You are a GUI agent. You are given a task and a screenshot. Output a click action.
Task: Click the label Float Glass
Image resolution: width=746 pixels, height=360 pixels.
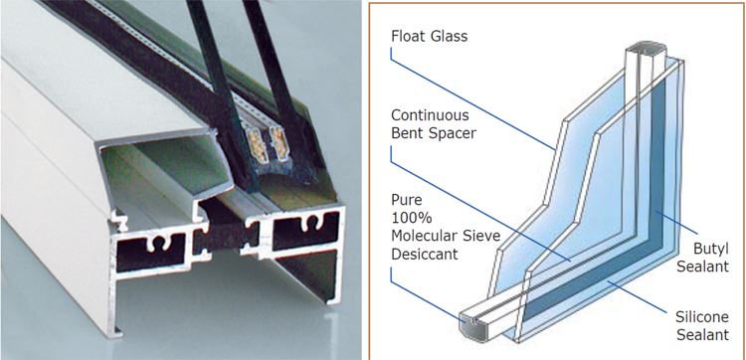pyautogui.click(x=429, y=36)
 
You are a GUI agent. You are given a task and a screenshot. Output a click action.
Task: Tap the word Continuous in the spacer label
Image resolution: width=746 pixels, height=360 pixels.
pyautogui.click(x=430, y=115)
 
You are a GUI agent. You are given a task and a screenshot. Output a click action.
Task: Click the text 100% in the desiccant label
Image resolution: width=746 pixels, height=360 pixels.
pyautogui.click(x=411, y=218)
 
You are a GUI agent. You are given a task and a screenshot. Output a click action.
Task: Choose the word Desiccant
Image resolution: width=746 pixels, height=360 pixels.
pyautogui.click(x=425, y=254)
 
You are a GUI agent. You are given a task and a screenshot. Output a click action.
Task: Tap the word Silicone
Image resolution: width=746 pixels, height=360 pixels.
pyautogui.click(x=702, y=317)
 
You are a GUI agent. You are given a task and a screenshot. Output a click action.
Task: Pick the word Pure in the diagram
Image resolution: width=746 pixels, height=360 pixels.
pyautogui.click(x=406, y=199)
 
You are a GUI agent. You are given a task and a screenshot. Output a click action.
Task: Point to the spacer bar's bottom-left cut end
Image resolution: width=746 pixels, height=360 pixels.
pyautogui.click(x=471, y=325)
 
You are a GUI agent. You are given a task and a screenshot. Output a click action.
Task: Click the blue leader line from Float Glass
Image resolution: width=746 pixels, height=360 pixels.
pyautogui.click(x=472, y=98)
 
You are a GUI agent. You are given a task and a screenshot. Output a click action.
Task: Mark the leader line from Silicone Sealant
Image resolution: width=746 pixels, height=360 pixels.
pyautogui.click(x=637, y=296)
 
